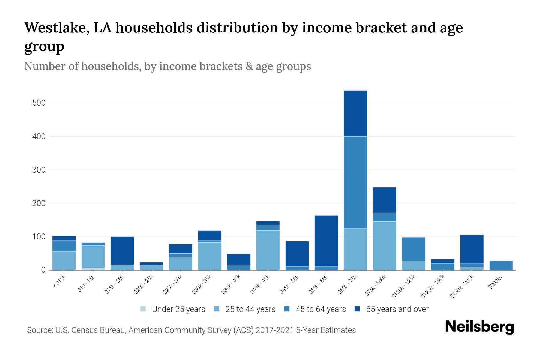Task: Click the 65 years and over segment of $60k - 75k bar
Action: pyautogui.click(x=355, y=113)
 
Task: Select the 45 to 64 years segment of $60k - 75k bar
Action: pyautogui.click(x=355, y=182)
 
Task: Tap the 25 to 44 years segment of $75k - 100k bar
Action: pyautogui.click(x=384, y=246)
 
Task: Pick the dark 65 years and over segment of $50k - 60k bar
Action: pyautogui.click(x=326, y=241)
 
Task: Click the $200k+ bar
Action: pyautogui.click(x=501, y=265)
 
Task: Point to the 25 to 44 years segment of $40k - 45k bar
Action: pyautogui.click(x=268, y=250)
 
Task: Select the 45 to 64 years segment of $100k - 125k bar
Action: pyautogui.click(x=413, y=249)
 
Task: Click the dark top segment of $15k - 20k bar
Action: pyautogui.click(x=122, y=251)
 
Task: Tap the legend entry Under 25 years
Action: pyautogui.click(x=178, y=309)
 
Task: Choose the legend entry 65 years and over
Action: pyautogui.click(x=397, y=309)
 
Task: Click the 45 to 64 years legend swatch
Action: pyautogui.click(x=287, y=309)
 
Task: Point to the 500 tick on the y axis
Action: pyautogui.click(x=39, y=103)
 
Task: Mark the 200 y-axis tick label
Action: pyautogui.click(x=39, y=203)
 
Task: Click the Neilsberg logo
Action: pyautogui.click(x=479, y=327)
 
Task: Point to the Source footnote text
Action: pyautogui.click(x=191, y=330)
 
